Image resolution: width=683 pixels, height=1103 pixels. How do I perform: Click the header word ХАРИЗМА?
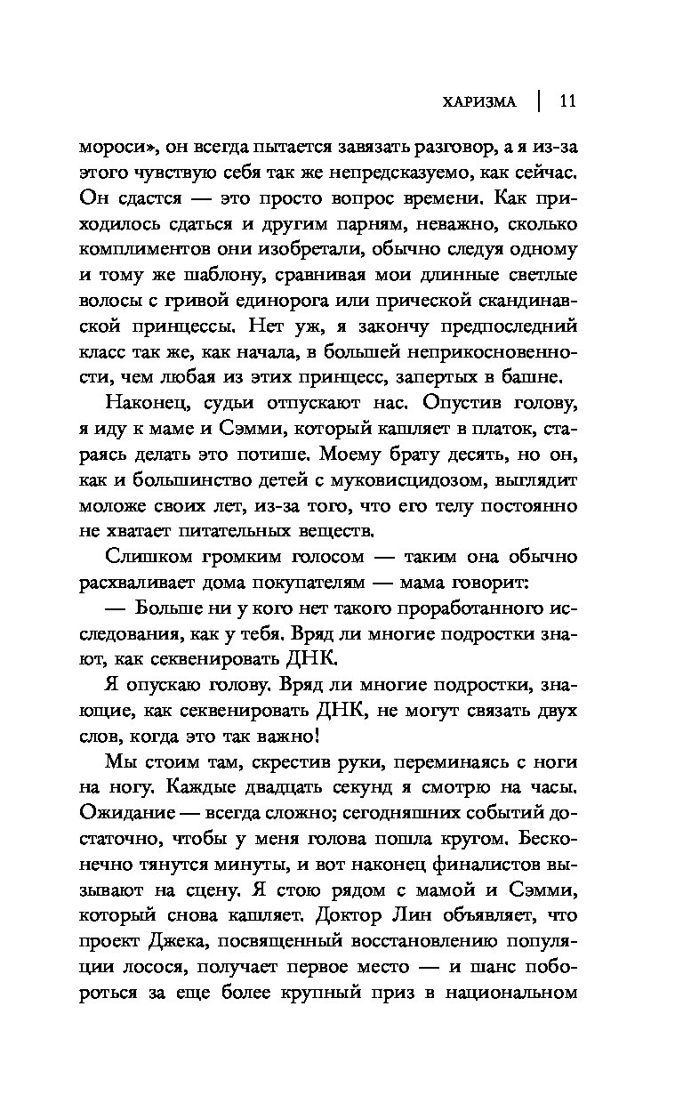[x=480, y=101]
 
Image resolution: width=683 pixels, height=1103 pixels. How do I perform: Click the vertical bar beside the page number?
[x=538, y=101]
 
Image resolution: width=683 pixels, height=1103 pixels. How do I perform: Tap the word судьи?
[x=221, y=406]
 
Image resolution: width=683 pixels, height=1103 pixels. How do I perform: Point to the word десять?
[x=463, y=456]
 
